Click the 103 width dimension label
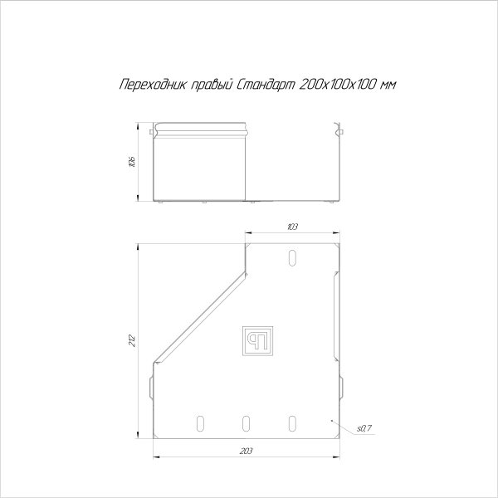(292, 226)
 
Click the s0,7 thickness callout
(363, 428)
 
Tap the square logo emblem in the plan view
(256, 340)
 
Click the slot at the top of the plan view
(291, 257)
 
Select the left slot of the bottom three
(199, 423)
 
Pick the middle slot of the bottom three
(246, 423)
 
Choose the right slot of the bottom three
(292, 423)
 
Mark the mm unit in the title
(386, 85)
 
